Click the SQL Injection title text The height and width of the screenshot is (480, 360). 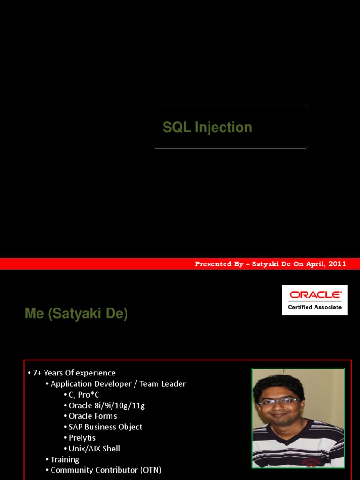pos(207,127)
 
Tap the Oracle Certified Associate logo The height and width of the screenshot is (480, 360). pos(315,300)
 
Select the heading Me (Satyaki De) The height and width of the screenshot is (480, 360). pos(76,314)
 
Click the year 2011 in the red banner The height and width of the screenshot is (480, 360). pos(337,264)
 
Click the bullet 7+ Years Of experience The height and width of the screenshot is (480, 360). pos(74,373)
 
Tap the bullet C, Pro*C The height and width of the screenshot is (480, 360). pos(84,395)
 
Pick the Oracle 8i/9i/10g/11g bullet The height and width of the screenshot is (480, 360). pos(106,405)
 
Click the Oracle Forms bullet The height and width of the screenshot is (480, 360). pos(93,416)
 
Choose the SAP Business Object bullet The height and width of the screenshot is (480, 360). pos(105,427)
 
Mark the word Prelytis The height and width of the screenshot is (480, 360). pos(82,438)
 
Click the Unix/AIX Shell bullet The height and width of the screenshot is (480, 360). pos(94,449)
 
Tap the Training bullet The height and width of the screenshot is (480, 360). pos(65,459)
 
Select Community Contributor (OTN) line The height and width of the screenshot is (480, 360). pos(106,470)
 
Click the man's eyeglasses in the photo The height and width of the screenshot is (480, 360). pos(279,402)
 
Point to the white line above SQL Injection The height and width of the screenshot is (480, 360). pos(230,105)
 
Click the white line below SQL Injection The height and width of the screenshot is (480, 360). pos(230,148)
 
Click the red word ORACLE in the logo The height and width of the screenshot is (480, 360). pos(315,295)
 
